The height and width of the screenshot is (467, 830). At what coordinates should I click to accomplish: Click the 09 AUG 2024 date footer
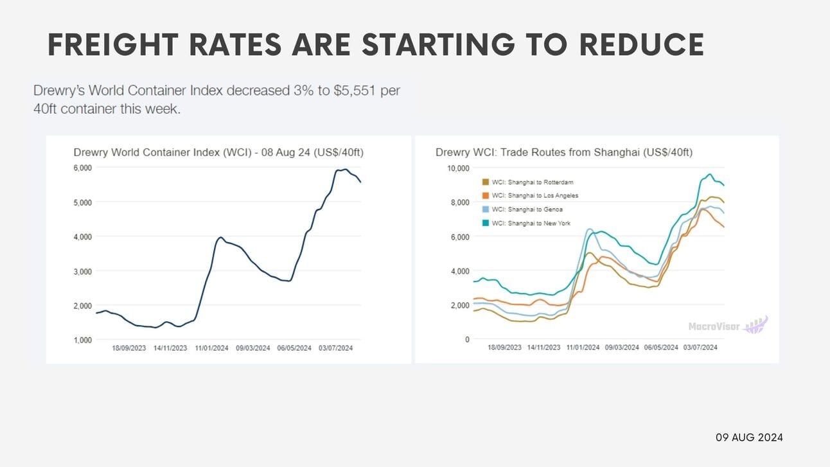749,437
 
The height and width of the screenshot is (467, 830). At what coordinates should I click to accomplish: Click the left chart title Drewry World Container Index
219,152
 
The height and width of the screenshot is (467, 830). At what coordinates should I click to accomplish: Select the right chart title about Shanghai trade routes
563,152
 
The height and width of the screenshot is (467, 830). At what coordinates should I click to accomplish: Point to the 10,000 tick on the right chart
458,168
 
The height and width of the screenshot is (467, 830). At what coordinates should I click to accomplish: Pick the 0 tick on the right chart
467,340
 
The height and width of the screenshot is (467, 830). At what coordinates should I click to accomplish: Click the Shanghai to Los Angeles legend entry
534,196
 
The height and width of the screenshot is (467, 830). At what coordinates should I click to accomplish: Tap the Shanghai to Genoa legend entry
527,209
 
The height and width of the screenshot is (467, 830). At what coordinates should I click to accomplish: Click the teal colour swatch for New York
486,223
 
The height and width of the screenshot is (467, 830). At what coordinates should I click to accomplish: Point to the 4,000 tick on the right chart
460,271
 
